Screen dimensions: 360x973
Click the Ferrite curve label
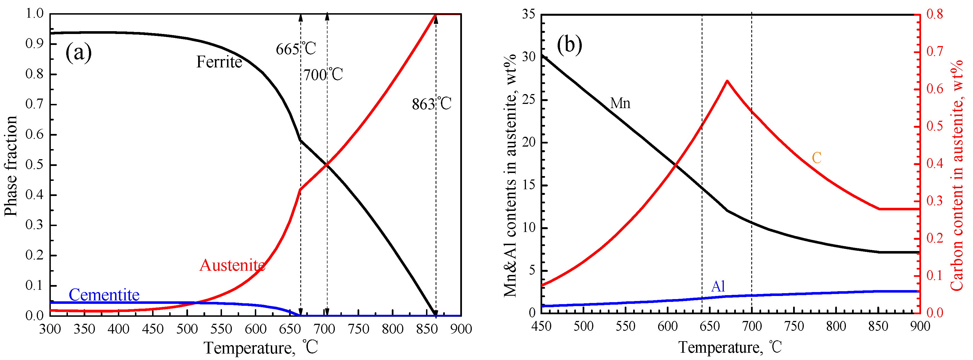219,62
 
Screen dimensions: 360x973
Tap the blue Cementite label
104,295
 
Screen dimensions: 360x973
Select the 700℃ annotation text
323,74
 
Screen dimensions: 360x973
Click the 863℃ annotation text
431,104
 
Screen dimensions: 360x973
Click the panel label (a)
78,53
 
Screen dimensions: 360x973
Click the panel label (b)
569,45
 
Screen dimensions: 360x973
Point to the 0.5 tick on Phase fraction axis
35,165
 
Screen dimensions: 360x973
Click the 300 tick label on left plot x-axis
50,329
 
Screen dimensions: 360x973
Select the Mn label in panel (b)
620,103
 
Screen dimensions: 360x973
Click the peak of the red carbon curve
727,81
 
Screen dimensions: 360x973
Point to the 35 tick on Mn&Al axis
528,14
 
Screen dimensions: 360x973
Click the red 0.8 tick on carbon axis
935,14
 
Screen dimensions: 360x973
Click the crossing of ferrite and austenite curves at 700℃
327,165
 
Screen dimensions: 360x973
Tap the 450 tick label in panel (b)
541,326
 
